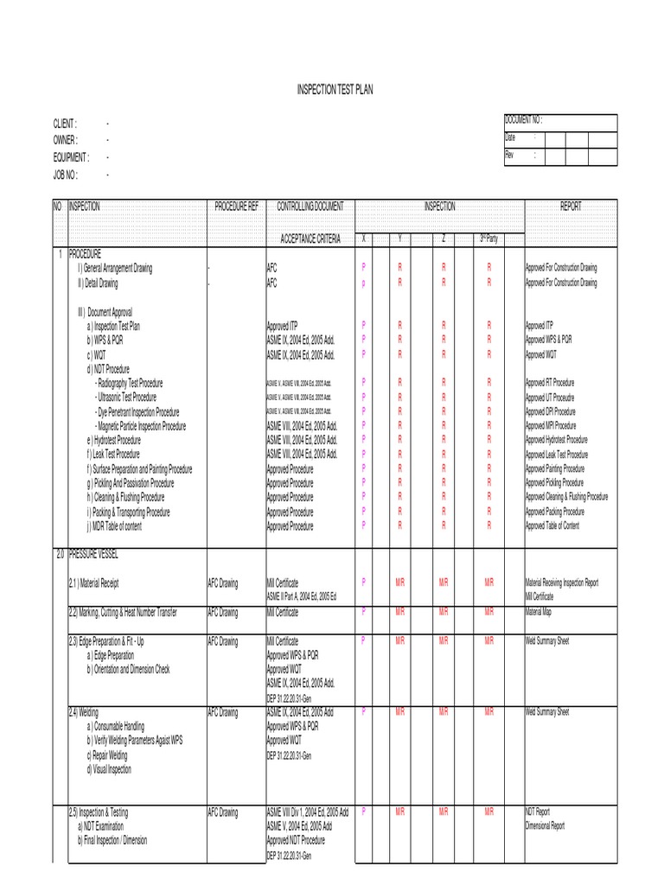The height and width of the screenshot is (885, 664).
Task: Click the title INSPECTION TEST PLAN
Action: (x=335, y=90)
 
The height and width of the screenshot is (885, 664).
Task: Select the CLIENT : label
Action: (x=66, y=124)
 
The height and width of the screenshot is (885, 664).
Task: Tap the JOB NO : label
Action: (x=66, y=175)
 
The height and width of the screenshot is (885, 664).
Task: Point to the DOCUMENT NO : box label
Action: (x=525, y=120)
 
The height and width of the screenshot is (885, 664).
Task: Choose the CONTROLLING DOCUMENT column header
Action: (x=310, y=207)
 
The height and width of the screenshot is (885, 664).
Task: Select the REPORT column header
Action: (x=571, y=207)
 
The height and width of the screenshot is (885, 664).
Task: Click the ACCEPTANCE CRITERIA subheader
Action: (x=310, y=239)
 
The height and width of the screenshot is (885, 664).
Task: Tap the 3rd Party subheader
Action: (x=488, y=239)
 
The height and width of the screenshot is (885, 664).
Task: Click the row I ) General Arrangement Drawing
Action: (x=115, y=269)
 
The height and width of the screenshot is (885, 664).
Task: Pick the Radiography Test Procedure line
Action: (x=129, y=383)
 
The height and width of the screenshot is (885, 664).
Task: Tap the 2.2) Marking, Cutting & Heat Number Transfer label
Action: (x=123, y=612)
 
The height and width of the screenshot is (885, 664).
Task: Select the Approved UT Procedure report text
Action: (x=550, y=398)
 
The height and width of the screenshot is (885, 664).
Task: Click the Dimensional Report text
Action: (x=545, y=825)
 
